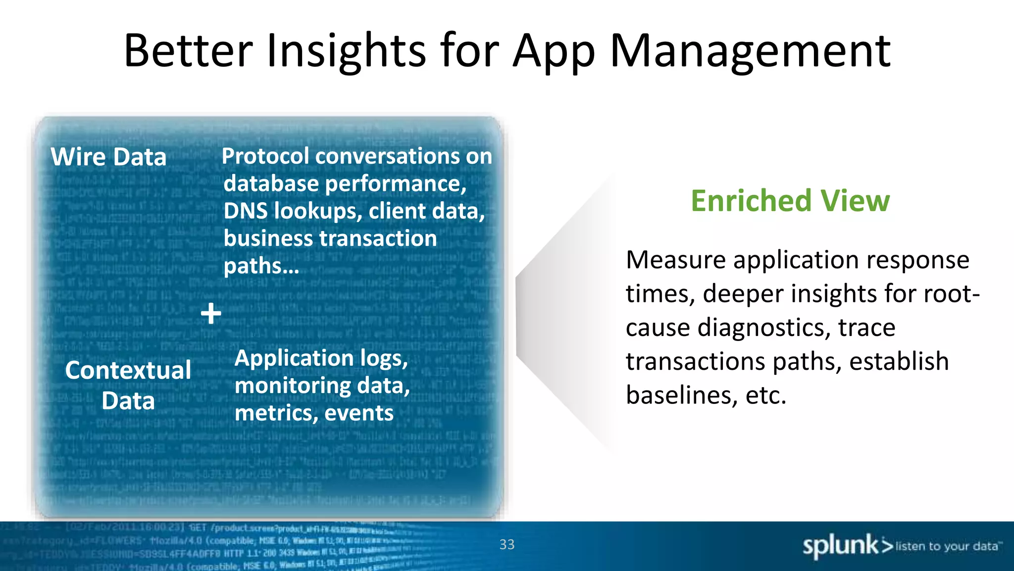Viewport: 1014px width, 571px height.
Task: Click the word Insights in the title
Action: (346, 51)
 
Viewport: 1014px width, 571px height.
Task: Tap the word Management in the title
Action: (750, 52)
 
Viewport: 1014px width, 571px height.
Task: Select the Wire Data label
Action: (108, 157)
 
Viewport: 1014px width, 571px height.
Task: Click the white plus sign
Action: (211, 314)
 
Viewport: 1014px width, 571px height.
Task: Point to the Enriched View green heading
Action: (790, 201)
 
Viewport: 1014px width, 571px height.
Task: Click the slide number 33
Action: (507, 545)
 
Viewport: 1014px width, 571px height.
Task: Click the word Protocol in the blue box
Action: (265, 157)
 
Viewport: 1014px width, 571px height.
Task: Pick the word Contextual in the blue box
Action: (128, 370)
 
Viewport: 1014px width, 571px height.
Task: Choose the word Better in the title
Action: (188, 51)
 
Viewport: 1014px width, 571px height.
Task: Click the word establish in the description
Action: (899, 361)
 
